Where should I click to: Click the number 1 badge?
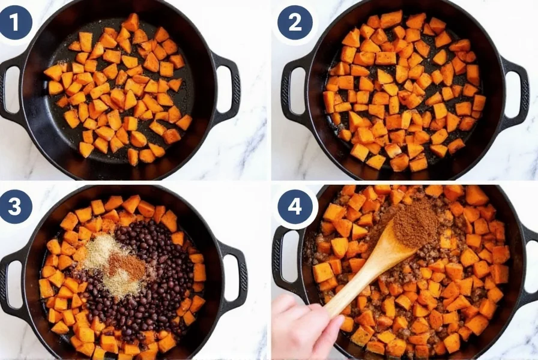15,22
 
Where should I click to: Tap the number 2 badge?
294,22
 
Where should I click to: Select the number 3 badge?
15,206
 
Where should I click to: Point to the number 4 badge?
294,206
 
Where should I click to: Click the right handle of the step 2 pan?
516,90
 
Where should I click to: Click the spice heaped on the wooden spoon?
415,224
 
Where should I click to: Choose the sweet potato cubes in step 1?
120,96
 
